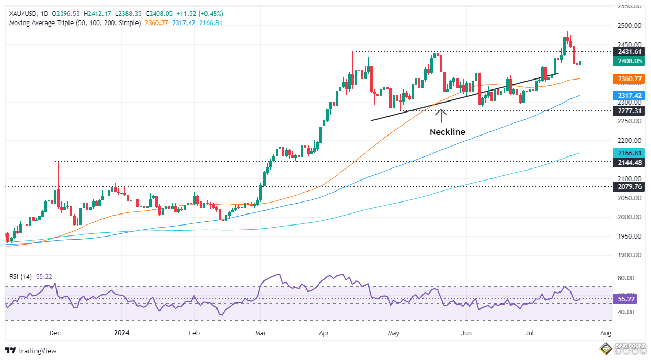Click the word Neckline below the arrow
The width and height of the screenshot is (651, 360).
click(447, 132)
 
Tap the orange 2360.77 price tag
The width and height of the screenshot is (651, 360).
click(630, 79)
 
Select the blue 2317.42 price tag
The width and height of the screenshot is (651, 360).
click(630, 96)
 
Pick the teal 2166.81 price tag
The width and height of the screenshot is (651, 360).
click(630, 153)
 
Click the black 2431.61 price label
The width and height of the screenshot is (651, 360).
click(630, 51)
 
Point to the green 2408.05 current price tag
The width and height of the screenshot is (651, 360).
click(630, 61)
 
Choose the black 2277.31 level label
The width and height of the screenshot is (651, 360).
click(630, 111)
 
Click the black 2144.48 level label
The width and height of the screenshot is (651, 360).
click(630, 162)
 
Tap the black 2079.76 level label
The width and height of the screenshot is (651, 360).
click(630, 186)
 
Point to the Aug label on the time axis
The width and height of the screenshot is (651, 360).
click(606, 332)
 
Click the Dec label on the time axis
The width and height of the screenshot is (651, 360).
click(55, 332)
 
